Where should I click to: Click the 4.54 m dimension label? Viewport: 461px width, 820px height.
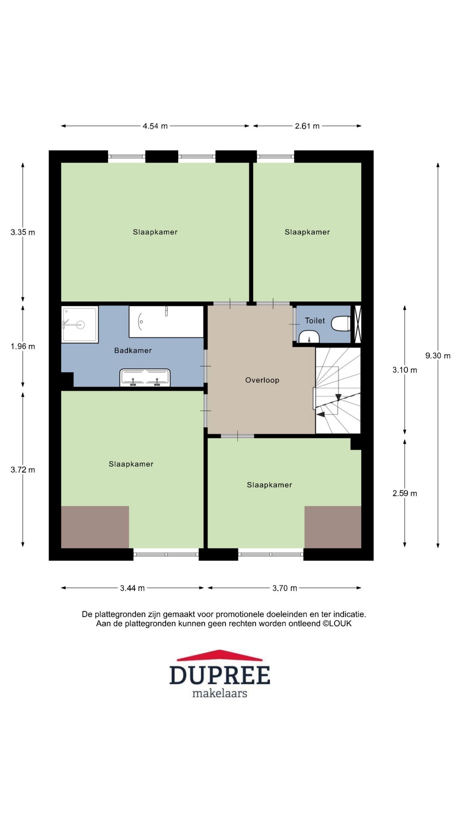point(155,126)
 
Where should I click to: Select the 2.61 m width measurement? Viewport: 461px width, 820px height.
point(307,126)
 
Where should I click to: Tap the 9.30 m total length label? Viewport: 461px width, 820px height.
point(438,356)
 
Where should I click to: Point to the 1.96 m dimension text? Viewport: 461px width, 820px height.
point(23,346)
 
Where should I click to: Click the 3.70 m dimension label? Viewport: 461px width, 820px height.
point(285,588)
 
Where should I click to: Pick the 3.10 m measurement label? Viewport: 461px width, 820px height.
point(405,370)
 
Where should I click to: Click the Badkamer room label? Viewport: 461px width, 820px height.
point(133,351)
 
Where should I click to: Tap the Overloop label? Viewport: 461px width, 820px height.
point(262,380)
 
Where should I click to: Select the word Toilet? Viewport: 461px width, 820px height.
point(315,321)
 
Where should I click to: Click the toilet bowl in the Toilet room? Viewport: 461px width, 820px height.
point(341,323)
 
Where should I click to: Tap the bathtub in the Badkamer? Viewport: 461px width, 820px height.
point(166,322)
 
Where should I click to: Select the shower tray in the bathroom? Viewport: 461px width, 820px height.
point(80,324)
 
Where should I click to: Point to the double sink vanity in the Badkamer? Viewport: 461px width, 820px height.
point(145,378)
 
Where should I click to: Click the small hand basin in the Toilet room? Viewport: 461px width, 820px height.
point(309,338)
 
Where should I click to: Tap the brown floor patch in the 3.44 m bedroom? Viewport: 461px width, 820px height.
point(95,527)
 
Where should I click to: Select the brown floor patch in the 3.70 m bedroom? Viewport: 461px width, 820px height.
point(333,527)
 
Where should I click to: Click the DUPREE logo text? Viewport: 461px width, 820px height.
point(220,675)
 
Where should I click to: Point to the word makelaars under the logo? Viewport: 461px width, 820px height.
point(220,693)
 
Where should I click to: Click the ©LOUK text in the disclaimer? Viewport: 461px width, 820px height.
point(337,624)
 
